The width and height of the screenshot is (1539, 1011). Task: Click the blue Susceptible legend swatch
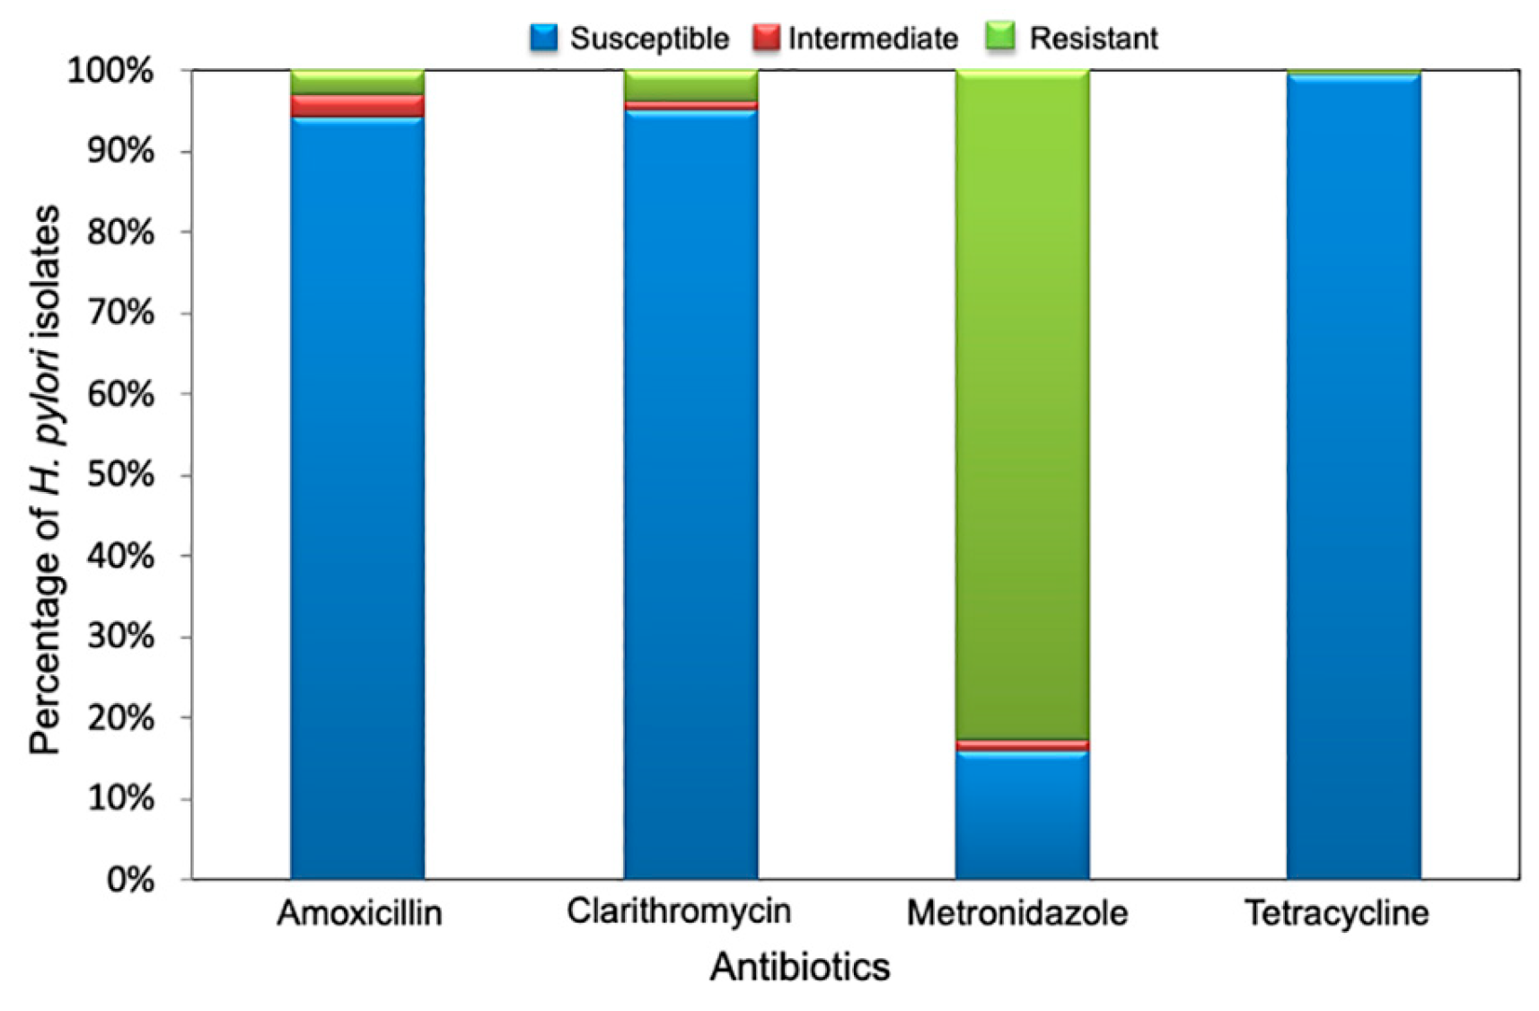click(544, 38)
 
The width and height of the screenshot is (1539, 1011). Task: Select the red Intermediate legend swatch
click(766, 38)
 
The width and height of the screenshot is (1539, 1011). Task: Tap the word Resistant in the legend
click(1093, 38)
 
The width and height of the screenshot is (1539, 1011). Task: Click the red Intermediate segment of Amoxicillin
click(357, 106)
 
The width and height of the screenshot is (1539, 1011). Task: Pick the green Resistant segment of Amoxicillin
click(357, 82)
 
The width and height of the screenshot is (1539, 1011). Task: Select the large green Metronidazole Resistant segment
click(1022, 404)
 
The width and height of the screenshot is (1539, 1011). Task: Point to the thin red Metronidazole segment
click(1022, 745)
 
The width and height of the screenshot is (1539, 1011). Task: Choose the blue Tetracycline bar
click(1353, 476)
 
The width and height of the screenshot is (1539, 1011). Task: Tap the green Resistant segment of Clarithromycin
click(690, 85)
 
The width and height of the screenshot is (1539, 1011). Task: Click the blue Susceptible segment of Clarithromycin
click(690, 494)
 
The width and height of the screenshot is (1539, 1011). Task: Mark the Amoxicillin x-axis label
click(359, 913)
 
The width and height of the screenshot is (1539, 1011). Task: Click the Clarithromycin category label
click(679, 911)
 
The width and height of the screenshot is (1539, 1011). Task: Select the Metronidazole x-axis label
click(1016, 913)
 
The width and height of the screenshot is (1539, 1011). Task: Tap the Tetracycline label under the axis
click(1336, 913)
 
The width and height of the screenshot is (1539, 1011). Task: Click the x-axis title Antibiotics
click(799, 967)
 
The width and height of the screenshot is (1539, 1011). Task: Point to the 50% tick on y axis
click(120, 475)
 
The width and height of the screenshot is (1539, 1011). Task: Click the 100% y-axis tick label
click(110, 71)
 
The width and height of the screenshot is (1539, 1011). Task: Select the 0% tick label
click(130, 880)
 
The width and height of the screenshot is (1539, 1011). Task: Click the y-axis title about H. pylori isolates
click(45, 480)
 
